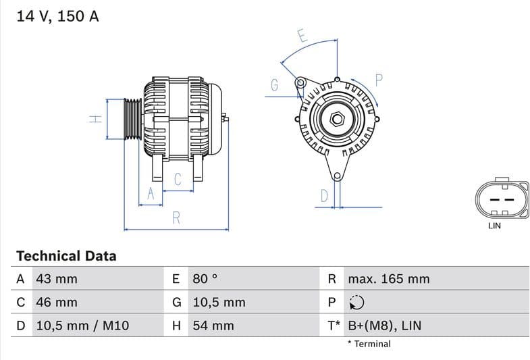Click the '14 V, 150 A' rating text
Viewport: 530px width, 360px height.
[57, 16]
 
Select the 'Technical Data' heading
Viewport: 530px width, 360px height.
[66, 256]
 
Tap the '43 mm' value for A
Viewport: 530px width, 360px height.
[57, 279]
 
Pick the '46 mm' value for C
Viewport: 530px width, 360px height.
[57, 302]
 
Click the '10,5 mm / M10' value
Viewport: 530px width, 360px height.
[82, 326]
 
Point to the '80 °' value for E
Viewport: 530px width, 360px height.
[205, 279]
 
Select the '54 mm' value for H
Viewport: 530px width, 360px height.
[213, 326]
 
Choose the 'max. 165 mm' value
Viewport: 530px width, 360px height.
[388, 279]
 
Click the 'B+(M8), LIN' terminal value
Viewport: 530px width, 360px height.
[384, 326]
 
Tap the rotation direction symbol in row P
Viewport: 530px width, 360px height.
[356, 303]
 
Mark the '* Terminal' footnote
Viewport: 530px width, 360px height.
[369, 344]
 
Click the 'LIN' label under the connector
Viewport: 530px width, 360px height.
[494, 226]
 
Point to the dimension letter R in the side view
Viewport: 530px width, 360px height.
[176, 217]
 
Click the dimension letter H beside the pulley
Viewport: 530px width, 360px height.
[96, 119]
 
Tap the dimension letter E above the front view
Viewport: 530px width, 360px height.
[302, 36]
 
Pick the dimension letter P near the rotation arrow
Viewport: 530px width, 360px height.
[379, 80]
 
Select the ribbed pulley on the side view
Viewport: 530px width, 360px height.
[132, 120]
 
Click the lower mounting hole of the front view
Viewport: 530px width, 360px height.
[336, 176]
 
